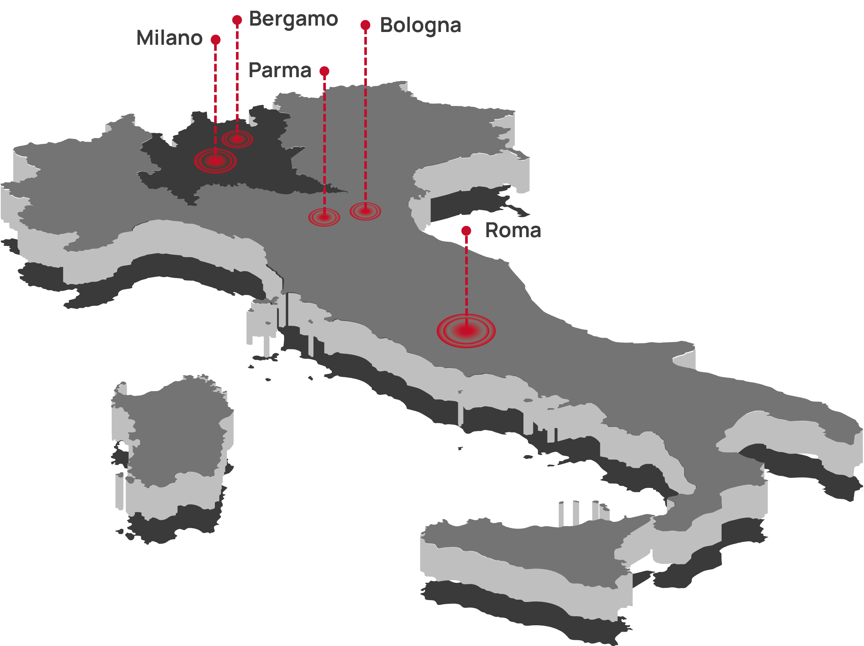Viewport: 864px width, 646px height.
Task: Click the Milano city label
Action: (x=169, y=38)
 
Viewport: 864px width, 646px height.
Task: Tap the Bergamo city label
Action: (x=294, y=19)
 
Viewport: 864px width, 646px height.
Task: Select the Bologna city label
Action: (x=420, y=25)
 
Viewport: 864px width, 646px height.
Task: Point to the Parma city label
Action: (x=280, y=70)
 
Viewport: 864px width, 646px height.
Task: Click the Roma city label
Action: (x=513, y=230)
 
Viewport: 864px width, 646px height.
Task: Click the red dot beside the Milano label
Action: (x=216, y=40)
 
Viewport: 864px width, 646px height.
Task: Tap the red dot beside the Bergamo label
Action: (x=237, y=20)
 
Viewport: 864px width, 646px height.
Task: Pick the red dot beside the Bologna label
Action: (x=365, y=25)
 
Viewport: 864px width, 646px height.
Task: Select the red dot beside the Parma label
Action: (x=324, y=71)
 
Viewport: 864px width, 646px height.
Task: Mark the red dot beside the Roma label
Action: (x=466, y=230)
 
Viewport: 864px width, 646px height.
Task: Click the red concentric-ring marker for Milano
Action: (x=216, y=161)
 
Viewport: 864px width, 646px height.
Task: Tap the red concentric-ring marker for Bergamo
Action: (x=237, y=139)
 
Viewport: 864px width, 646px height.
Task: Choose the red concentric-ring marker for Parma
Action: (x=324, y=217)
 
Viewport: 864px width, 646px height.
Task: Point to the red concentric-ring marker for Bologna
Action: (x=365, y=211)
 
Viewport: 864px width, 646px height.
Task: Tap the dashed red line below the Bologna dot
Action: (x=365, y=117)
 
